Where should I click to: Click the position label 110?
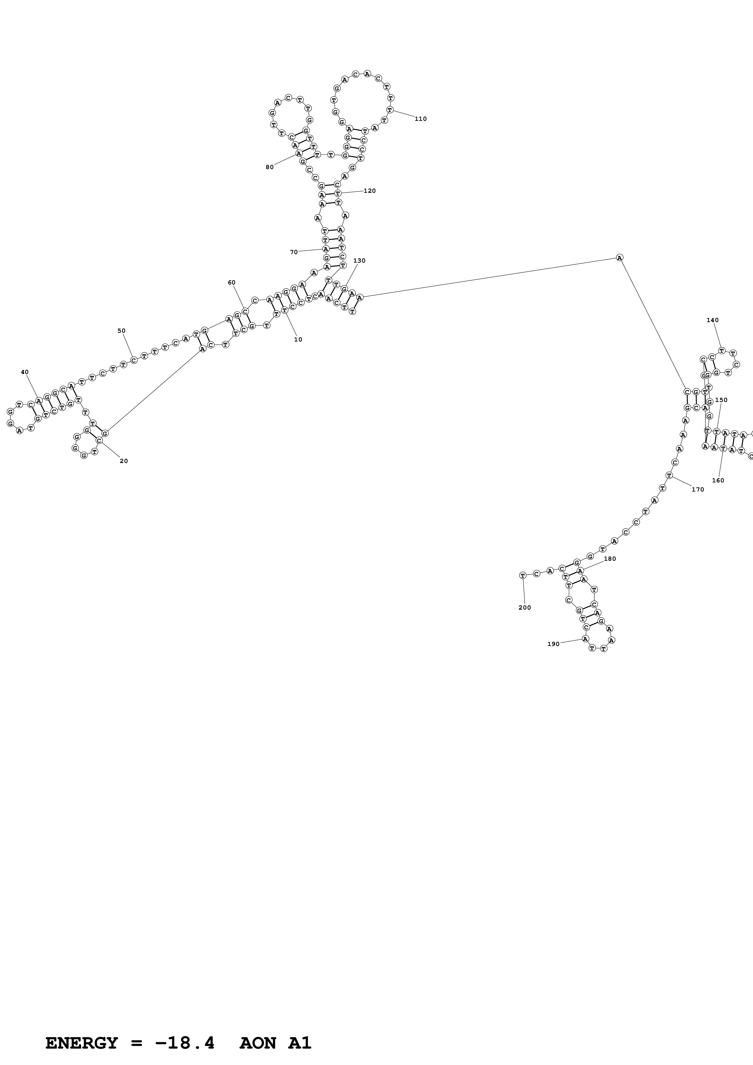click(420, 119)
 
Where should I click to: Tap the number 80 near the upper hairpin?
click(269, 167)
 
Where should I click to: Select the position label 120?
click(369, 191)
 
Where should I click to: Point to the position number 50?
click(121, 331)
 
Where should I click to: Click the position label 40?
click(25, 372)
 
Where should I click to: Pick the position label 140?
click(712, 320)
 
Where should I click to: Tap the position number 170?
click(697, 489)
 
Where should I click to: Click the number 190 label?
click(553, 644)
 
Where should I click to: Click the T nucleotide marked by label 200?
click(522, 575)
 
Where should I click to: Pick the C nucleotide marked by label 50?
click(134, 360)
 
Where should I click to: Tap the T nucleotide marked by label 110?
click(390, 110)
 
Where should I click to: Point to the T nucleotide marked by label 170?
click(669, 475)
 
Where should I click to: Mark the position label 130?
click(359, 261)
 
